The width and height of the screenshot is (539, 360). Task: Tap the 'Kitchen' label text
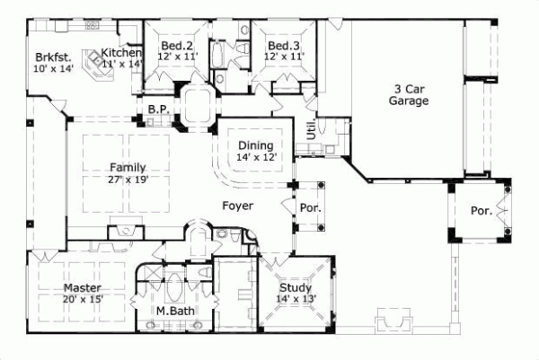(x=121, y=52)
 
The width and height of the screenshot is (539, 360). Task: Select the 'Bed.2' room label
(x=177, y=46)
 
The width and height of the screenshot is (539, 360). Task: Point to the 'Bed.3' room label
(x=284, y=46)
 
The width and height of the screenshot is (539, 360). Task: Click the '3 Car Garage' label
(x=409, y=95)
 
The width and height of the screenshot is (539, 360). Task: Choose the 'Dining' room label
(x=255, y=145)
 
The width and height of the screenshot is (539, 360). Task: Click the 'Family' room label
(x=128, y=167)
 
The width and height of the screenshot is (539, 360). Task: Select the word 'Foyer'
(x=237, y=206)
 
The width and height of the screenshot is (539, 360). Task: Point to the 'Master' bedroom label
(x=81, y=287)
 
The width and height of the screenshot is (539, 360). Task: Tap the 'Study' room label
(x=296, y=287)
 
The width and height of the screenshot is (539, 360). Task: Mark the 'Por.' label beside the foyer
(x=310, y=207)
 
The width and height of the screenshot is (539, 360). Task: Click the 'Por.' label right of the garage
(x=481, y=211)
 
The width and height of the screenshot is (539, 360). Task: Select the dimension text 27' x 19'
(x=128, y=179)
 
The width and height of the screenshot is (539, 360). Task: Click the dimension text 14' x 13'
(x=296, y=299)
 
